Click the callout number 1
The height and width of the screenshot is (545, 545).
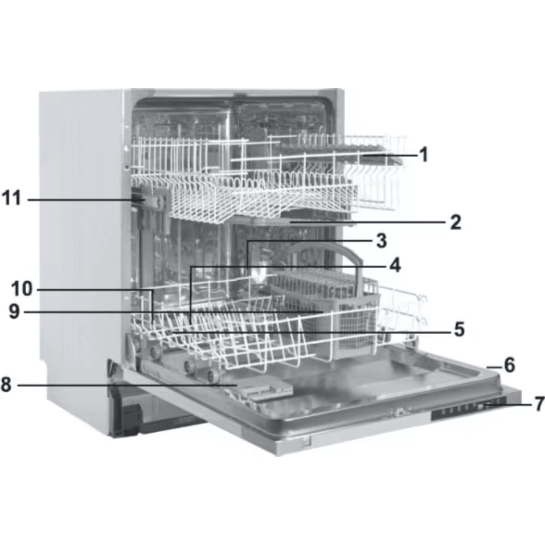point(423,154)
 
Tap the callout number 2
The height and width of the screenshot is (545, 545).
point(456,222)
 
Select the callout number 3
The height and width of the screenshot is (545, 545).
point(381,240)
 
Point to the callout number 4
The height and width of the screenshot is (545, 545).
point(395,266)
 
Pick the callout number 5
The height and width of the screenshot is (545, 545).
point(459,329)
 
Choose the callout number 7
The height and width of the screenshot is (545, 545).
point(540,404)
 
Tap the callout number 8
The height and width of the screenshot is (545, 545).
point(6,385)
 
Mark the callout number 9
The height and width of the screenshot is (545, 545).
point(14,312)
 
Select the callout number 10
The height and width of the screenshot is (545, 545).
point(22,288)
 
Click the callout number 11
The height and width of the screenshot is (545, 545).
point(12,198)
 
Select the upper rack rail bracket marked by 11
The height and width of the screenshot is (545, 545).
point(150,200)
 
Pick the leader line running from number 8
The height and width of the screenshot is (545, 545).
point(127,385)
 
